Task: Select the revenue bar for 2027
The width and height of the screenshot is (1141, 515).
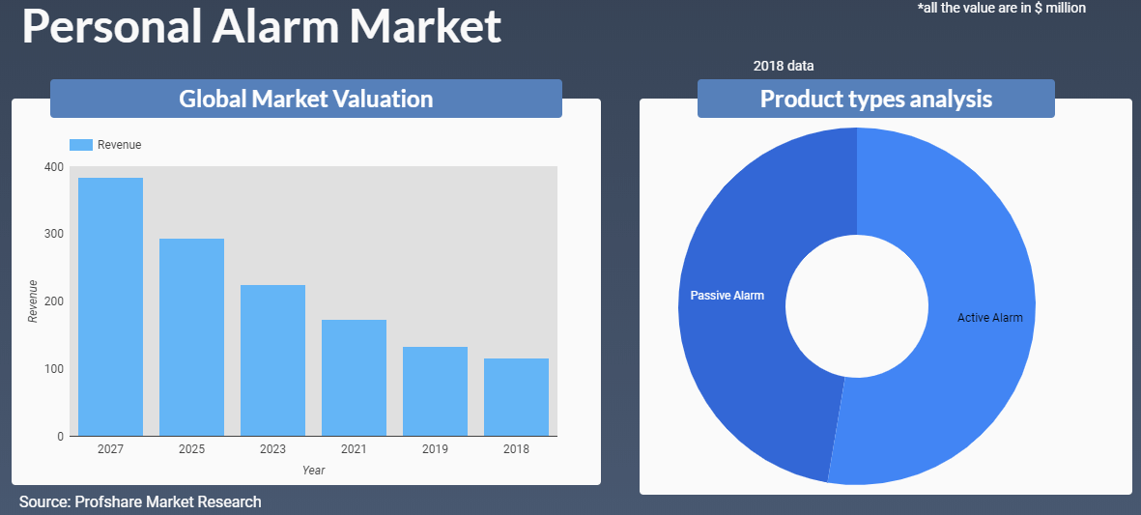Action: click(x=110, y=307)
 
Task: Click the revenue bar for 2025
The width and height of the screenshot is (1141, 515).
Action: click(x=191, y=337)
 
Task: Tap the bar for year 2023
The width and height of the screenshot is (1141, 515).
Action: click(x=272, y=360)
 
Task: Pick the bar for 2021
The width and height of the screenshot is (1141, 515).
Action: click(x=354, y=378)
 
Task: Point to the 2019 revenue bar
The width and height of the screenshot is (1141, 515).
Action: click(x=435, y=391)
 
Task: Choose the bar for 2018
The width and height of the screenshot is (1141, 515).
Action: click(x=517, y=397)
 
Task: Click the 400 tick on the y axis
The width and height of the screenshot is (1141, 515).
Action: click(x=54, y=166)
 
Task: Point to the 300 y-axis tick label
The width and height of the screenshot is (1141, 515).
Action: click(x=54, y=234)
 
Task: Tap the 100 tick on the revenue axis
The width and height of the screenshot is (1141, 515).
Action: click(x=54, y=369)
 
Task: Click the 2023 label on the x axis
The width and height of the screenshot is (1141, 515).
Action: click(x=272, y=449)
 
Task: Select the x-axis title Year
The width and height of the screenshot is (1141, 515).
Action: click(x=314, y=471)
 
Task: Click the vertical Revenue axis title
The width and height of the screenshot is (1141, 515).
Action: click(x=32, y=301)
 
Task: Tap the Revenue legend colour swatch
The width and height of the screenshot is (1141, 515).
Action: click(x=81, y=145)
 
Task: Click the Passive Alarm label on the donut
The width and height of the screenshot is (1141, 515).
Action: click(x=727, y=296)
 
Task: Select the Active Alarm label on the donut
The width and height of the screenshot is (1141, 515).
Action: click(x=990, y=318)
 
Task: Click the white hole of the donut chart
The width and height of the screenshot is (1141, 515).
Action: click(x=857, y=306)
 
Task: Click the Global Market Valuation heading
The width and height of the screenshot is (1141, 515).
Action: click(x=306, y=99)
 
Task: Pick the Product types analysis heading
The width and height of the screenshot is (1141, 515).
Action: click(x=876, y=99)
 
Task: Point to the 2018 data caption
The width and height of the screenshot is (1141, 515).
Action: click(x=784, y=67)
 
